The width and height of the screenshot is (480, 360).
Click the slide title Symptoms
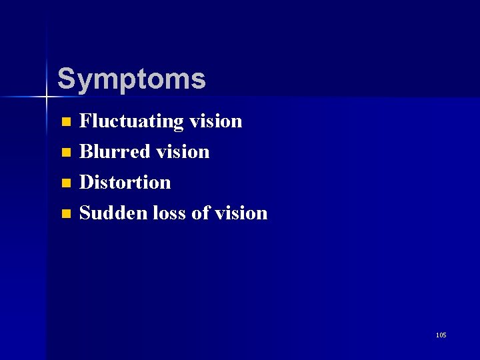(131, 79)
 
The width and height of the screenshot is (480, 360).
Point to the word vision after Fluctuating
(215, 121)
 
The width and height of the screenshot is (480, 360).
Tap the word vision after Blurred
(183, 152)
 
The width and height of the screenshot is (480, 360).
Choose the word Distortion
(125, 183)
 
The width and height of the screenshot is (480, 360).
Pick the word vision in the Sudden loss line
(241, 213)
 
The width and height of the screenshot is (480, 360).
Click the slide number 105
(441, 335)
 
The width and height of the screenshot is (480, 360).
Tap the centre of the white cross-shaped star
(47, 98)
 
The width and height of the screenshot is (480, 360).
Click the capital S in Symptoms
(65, 79)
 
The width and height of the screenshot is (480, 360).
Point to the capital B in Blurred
(86, 152)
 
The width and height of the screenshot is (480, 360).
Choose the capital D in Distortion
(87, 183)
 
